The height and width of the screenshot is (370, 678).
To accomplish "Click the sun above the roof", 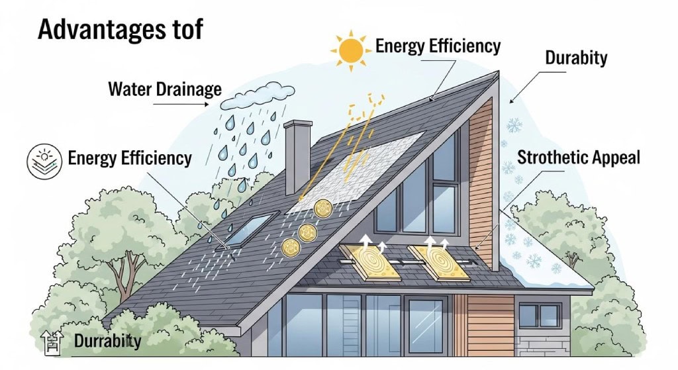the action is point(351,50).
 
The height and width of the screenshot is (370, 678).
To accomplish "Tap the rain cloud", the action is point(258,97).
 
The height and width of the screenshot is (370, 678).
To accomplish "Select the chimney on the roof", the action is point(297,156).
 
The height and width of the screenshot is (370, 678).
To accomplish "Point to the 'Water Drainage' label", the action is point(165,89).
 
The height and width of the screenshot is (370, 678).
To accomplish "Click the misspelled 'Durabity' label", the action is point(576,58).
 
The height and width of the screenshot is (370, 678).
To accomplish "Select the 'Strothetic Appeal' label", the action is point(578,158).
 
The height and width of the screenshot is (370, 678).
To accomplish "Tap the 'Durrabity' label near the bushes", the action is point(108,341).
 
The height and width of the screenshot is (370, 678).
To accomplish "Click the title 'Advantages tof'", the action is point(121,29).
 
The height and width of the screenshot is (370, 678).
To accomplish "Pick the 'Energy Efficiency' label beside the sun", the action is point(438,46).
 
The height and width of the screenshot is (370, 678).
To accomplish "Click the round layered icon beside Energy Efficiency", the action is point(44,162).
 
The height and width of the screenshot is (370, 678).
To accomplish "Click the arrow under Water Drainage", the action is point(181,104).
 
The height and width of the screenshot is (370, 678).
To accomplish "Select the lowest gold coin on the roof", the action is point(291,248).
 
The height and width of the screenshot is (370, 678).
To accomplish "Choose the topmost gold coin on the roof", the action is point(323,208).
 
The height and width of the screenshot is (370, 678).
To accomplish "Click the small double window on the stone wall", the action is point(540,316).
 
